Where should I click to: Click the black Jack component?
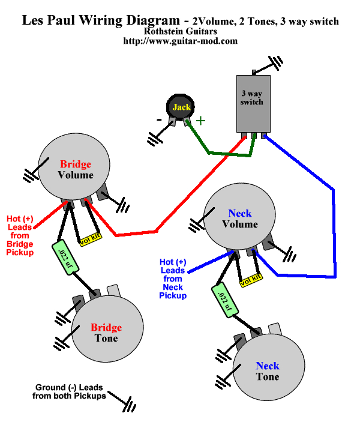pos(181,107)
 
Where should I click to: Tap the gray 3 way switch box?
pos(252,102)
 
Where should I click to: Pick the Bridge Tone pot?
pos(107,333)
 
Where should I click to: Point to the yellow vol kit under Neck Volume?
pos(250,279)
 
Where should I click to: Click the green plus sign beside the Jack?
pos(200,120)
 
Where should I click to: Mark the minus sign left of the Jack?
pos(159,119)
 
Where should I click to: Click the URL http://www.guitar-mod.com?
pos(180,41)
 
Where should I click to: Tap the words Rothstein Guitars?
pos(180,31)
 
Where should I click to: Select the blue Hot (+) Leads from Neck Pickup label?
pos(173,279)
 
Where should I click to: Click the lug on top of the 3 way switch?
pos(254,72)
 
